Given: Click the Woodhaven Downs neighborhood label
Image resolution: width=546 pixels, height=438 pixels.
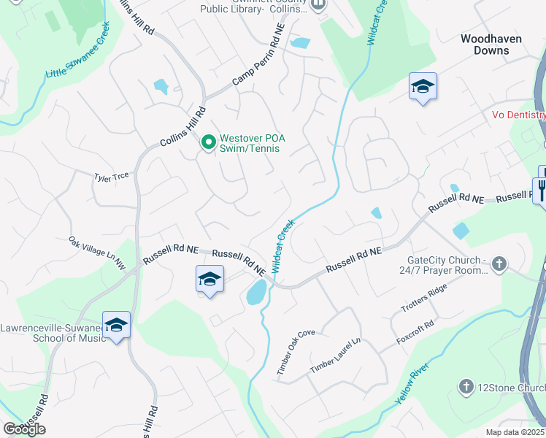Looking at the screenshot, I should point(496,44).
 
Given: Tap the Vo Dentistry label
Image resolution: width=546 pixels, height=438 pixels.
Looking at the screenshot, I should point(518,115).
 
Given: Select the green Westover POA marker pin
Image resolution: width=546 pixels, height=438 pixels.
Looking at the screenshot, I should point(208,142).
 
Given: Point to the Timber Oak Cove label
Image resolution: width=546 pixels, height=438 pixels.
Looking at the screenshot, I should point(296,353).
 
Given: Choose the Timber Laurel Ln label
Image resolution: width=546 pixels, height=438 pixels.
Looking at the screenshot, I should point(335,357).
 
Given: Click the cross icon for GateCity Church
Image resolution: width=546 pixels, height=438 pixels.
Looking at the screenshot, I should point(499,264).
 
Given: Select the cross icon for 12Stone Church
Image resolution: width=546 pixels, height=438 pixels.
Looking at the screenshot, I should point(466,386).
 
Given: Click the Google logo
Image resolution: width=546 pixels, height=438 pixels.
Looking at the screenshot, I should point(24,429).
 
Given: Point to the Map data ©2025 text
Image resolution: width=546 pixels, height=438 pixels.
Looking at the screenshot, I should point(515,432).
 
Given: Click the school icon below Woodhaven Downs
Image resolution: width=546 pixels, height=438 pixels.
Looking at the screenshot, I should point(423,87).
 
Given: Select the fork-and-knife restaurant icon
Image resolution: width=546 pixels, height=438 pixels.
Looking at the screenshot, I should point(541,189).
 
